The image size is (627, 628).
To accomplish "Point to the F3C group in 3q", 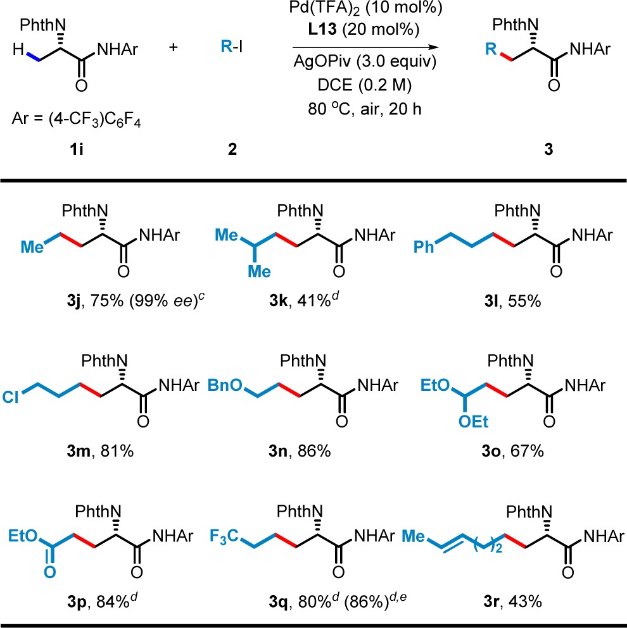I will [x=225, y=537].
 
